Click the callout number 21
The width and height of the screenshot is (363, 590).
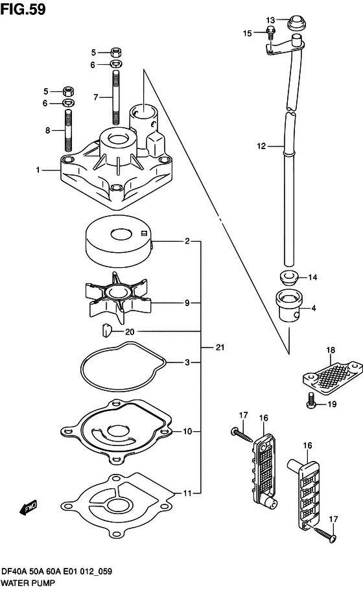tap(220, 348)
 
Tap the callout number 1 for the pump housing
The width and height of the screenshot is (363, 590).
tap(38, 170)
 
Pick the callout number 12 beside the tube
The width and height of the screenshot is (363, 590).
tap(261, 147)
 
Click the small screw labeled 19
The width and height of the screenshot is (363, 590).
tap(311, 403)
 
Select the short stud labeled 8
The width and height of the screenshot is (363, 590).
tap(68, 130)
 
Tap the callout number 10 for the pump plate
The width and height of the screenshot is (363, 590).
tap(187, 431)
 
